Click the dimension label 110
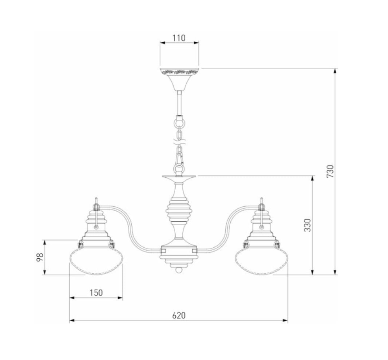click(x=179, y=38)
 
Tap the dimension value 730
click(x=330, y=171)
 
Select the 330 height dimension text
click(x=307, y=225)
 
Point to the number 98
click(x=40, y=257)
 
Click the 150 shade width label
click(x=96, y=293)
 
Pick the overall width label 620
click(x=179, y=316)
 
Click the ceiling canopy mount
click(x=179, y=79)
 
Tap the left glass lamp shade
click(x=96, y=261)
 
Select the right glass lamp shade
click(x=262, y=261)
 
